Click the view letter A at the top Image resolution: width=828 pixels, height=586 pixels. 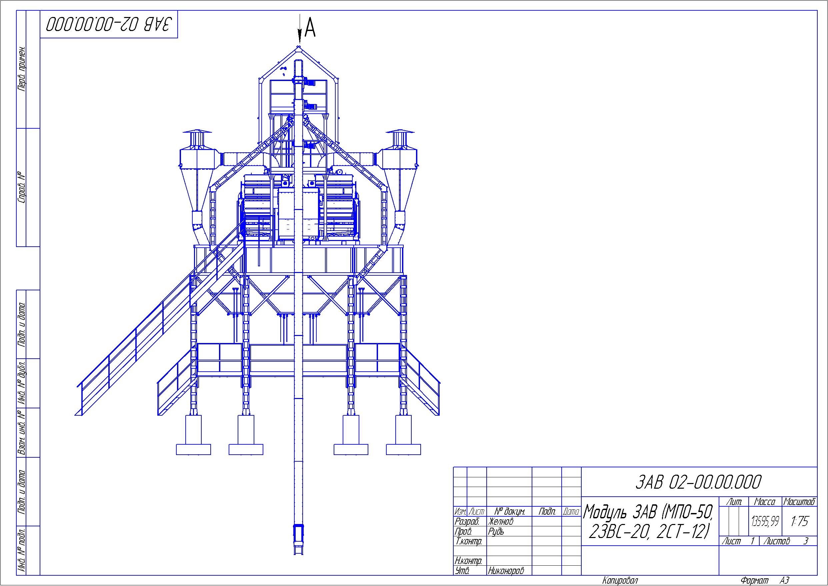pyautogui.click(x=310, y=28)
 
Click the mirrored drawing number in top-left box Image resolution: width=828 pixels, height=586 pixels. pyautogui.click(x=109, y=25)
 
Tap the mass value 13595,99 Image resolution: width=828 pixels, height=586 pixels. pyautogui.click(x=765, y=521)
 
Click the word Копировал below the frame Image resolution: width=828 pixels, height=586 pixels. pyautogui.click(x=620, y=580)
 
